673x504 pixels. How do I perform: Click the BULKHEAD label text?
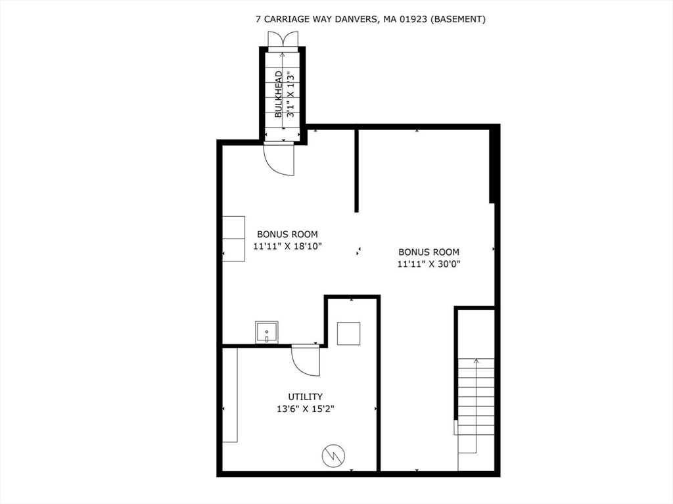(279, 94)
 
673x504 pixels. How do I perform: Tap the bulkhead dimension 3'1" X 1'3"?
(289, 94)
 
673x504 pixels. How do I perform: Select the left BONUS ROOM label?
(287, 234)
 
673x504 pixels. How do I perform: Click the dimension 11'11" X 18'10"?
(287, 246)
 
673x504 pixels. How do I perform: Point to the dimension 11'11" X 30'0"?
(429, 264)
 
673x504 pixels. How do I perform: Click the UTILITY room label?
(305, 396)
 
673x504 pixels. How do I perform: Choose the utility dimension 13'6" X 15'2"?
(305, 409)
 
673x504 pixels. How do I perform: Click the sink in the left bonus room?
(266, 332)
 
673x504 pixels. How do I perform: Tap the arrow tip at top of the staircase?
(476, 361)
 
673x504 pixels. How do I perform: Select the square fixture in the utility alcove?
(348, 334)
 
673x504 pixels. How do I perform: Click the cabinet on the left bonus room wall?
(233, 239)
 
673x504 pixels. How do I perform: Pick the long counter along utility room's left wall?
(229, 395)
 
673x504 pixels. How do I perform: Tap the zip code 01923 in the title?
(415, 19)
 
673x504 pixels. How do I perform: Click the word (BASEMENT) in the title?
(459, 19)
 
